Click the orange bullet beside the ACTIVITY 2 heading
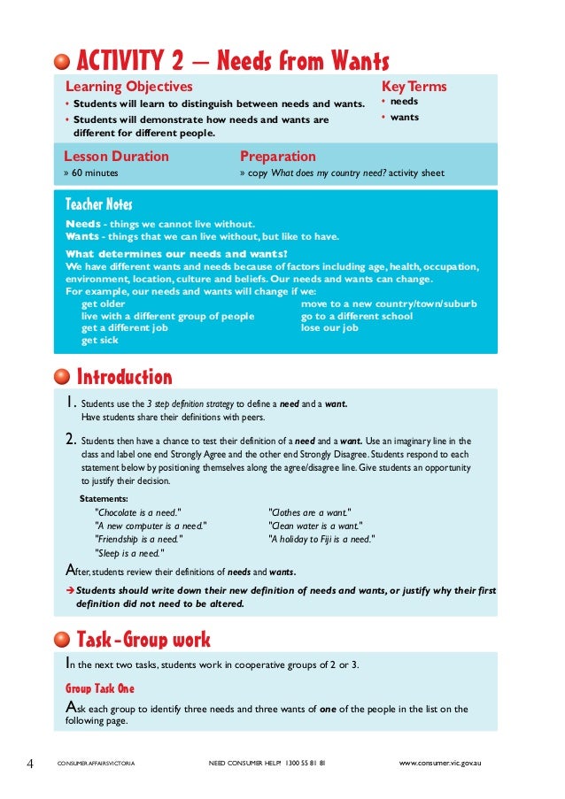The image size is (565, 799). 61,62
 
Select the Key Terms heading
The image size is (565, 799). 414,87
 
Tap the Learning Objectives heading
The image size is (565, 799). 128,87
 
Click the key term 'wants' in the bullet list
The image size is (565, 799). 405,117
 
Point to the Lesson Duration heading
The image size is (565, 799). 117,157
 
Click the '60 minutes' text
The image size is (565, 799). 99,173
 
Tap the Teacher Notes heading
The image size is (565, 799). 104,206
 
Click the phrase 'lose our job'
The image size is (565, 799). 329,327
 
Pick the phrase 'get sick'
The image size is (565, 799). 99,339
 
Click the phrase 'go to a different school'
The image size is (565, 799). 357,316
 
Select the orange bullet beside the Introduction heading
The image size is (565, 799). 61,378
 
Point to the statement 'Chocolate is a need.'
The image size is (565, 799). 138,511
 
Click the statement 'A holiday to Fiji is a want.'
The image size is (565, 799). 321,538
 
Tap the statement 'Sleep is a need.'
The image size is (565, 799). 129,552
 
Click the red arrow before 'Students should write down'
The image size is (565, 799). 70,591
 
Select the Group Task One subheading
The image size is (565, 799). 100,688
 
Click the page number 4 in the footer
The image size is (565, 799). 30,761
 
